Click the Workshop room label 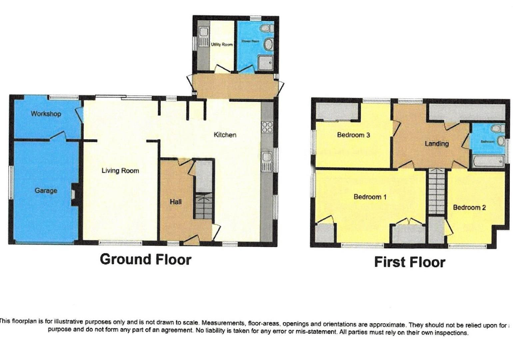pos(46,114)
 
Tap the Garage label pos(46,191)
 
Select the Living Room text pos(120,171)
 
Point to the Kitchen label pos(225,135)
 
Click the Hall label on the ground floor pos(176,202)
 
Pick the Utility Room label pos(222,44)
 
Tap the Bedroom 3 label pos(353,135)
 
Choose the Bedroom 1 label pos(370,197)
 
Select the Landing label pos(436,144)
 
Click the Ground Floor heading pos(146,259)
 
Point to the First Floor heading pos(409,262)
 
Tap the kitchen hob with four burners pos(267,128)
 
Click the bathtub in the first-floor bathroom pos(488,162)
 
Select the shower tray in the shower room pos(265,62)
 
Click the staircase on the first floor pos(436,191)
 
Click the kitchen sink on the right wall pos(267,161)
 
